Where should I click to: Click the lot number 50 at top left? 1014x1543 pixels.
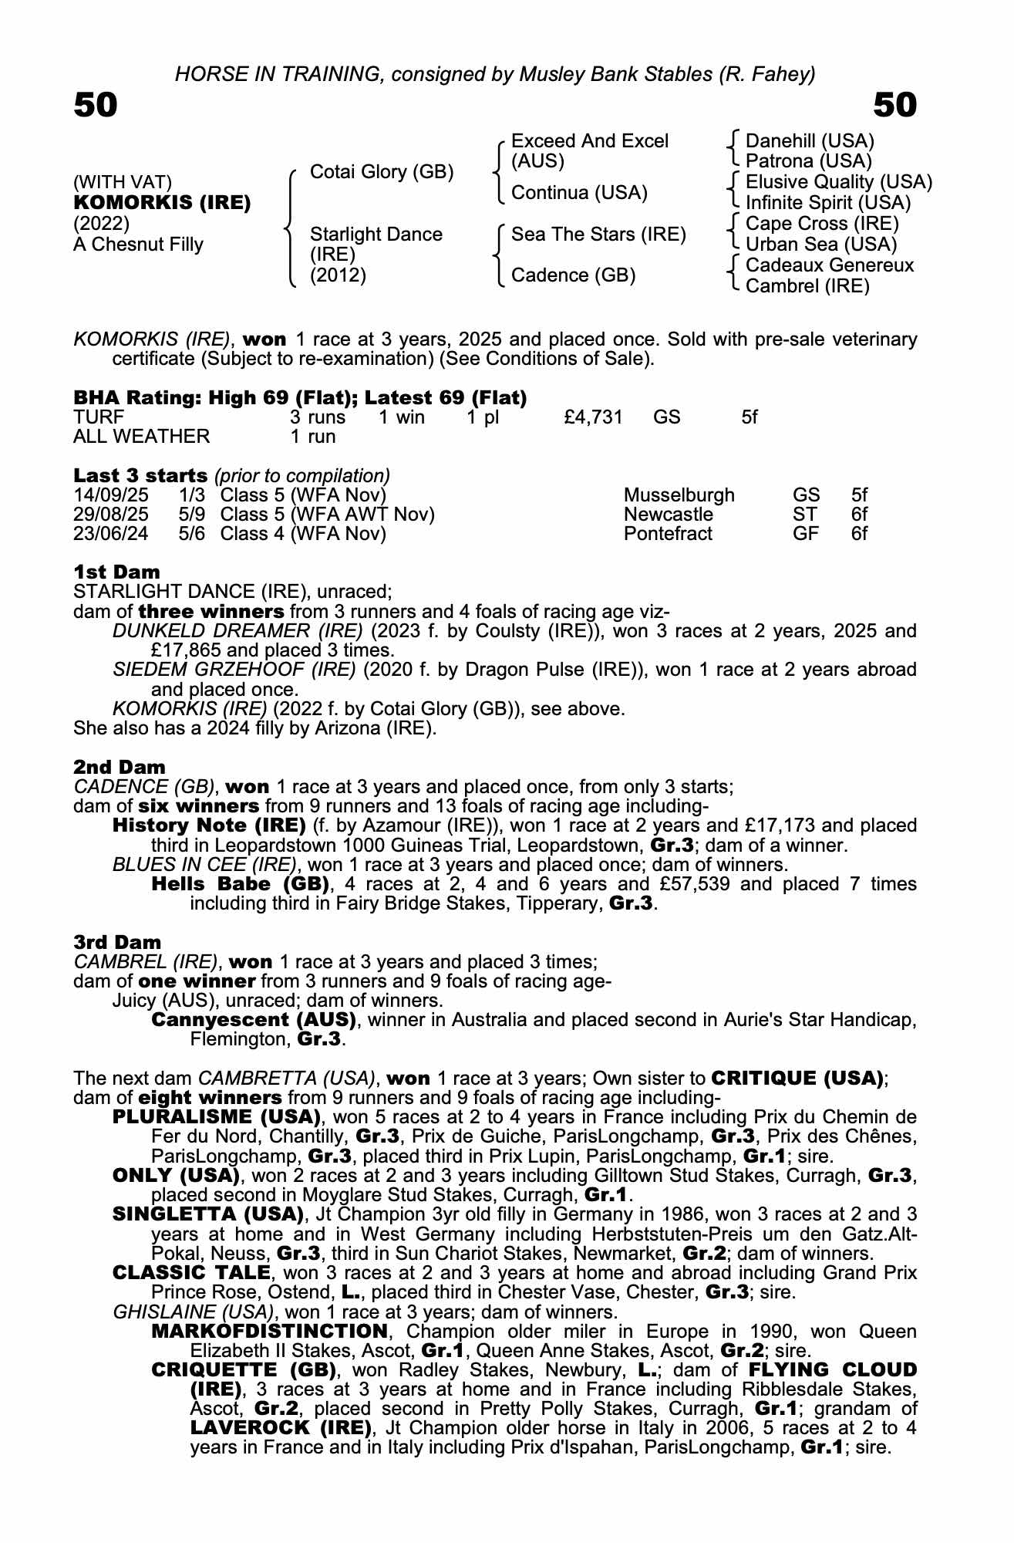click(96, 106)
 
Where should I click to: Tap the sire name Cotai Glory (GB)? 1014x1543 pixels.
click(381, 172)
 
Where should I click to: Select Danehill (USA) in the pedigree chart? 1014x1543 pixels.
click(810, 141)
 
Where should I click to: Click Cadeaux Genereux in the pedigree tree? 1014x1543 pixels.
click(830, 265)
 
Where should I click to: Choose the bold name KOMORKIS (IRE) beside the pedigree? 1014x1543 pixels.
click(162, 203)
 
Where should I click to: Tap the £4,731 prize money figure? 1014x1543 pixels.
click(593, 417)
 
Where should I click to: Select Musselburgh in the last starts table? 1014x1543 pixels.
click(679, 495)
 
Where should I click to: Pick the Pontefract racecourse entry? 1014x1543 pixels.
click(668, 534)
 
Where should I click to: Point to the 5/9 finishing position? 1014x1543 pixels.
click(191, 515)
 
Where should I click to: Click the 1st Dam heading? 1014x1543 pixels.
click(117, 572)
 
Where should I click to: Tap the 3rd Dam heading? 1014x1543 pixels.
click(118, 942)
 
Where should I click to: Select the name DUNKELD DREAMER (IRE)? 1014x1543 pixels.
click(237, 631)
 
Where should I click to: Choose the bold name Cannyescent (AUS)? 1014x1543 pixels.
click(254, 1020)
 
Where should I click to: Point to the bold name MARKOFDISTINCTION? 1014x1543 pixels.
click(270, 1332)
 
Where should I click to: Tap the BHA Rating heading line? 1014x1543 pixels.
click(300, 398)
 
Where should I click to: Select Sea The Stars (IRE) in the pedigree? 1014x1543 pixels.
click(598, 235)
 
